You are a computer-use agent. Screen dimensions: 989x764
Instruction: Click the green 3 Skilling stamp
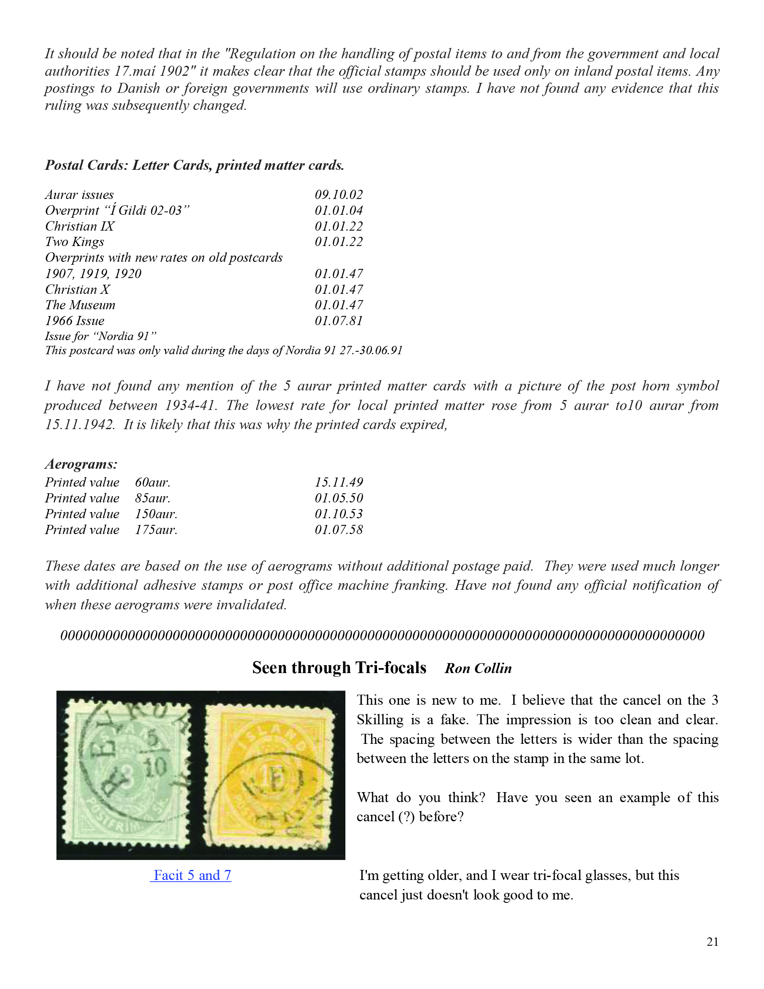click(127, 775)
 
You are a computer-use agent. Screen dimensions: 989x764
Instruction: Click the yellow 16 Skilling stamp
click(270, 778)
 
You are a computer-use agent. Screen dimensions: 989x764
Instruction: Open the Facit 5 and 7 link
click(191, 875)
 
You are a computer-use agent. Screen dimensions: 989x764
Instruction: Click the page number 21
click(712, 942)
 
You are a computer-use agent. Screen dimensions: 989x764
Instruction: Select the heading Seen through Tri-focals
click(339, 668)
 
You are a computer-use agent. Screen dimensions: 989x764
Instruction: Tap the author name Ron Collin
click(478, 668)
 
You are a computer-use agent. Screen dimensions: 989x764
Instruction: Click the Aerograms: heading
click(81, 464)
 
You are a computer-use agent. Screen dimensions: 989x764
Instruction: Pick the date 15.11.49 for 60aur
click(339, 482)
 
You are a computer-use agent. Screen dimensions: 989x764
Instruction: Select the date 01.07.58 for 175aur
click(339, 529)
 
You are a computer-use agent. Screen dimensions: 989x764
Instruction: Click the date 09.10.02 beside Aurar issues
click(339, 195)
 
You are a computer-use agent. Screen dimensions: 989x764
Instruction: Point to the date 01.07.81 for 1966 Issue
click(339, 321)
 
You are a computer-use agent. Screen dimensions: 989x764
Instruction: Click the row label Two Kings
click(74, 242)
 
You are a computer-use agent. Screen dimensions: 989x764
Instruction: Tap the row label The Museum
click(80, 305)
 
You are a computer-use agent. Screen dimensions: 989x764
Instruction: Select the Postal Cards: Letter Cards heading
click(194, 165)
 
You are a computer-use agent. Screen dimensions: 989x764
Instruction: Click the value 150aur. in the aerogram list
click(156, 514)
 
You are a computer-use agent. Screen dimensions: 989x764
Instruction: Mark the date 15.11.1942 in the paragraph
click(79, 425)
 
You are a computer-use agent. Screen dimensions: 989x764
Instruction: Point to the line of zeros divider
click(382, 635)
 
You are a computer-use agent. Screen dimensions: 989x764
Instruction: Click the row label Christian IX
click(79, 226)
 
